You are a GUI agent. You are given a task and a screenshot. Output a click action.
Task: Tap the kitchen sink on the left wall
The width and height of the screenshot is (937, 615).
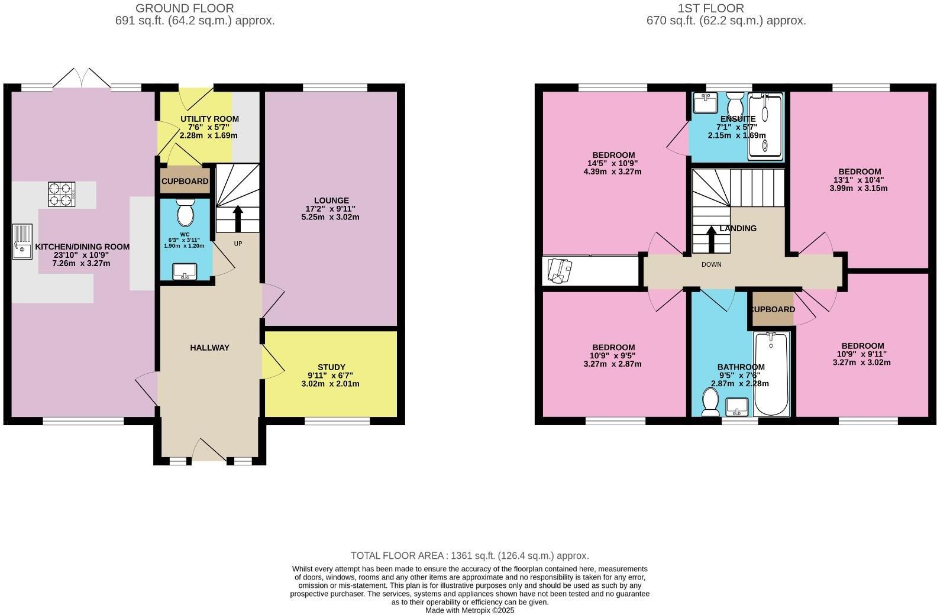tap(22, 242)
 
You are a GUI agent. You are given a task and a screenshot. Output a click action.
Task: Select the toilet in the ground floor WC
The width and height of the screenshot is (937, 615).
tap(186, 213)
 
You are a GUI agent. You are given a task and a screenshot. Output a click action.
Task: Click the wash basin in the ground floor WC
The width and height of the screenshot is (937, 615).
tap(185, 271)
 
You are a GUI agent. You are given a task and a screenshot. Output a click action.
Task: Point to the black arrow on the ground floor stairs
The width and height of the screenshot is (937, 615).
tap(238, 219)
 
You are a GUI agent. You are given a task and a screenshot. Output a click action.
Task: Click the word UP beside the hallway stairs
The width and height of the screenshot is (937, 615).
tap(238, 244)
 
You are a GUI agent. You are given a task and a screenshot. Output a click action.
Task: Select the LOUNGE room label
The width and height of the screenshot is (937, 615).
tap(331, 200)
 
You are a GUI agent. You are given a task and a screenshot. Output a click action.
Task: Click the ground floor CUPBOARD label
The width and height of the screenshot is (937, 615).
tap(185, 182)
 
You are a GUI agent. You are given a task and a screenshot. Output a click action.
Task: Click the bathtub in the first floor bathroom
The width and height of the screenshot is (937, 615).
tap(771, 375)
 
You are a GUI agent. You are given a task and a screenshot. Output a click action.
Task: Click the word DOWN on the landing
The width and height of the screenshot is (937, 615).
tap(711, 264)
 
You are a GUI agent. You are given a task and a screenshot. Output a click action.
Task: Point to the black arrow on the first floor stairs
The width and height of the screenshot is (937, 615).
tap(711, 238)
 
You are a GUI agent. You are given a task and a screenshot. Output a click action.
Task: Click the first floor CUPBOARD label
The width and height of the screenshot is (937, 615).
tap(773, 309)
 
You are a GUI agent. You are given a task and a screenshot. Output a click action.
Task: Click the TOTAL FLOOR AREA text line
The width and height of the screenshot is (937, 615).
tap(470, 556)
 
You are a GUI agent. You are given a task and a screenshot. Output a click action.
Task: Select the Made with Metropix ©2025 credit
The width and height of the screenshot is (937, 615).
tap(470, 610)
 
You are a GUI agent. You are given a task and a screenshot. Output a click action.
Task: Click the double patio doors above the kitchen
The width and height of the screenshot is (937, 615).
tap(82, 79)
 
